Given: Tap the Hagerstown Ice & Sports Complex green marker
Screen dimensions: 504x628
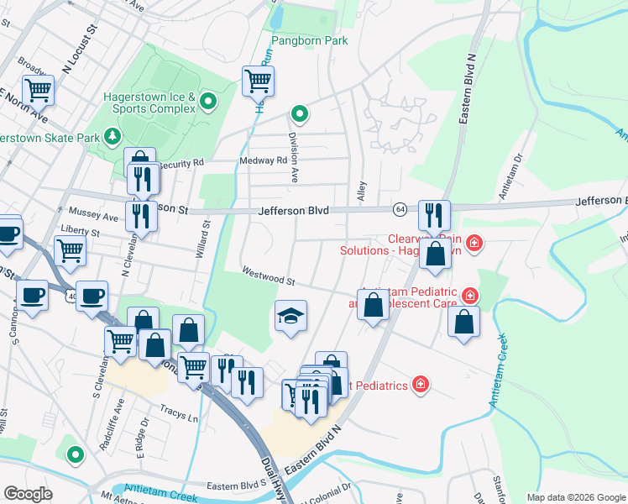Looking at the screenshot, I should [x=209, y=103].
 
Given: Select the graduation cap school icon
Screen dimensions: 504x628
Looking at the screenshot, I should [x=291, y=317].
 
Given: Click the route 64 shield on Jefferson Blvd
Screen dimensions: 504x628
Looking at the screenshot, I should [x=400, y=207].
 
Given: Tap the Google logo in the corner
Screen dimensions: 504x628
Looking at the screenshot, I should [x=29, y=494].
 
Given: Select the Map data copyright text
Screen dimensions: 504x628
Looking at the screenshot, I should [x=575, y=497].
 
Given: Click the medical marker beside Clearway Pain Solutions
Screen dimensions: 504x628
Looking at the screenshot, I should [x=474, y=244].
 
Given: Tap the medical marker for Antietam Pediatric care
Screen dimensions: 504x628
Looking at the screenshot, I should [x=469, y=296].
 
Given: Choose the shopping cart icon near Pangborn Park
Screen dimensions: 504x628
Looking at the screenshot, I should [x=258, y=81].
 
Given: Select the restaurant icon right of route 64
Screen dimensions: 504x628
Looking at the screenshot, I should [x=434, y=215].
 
